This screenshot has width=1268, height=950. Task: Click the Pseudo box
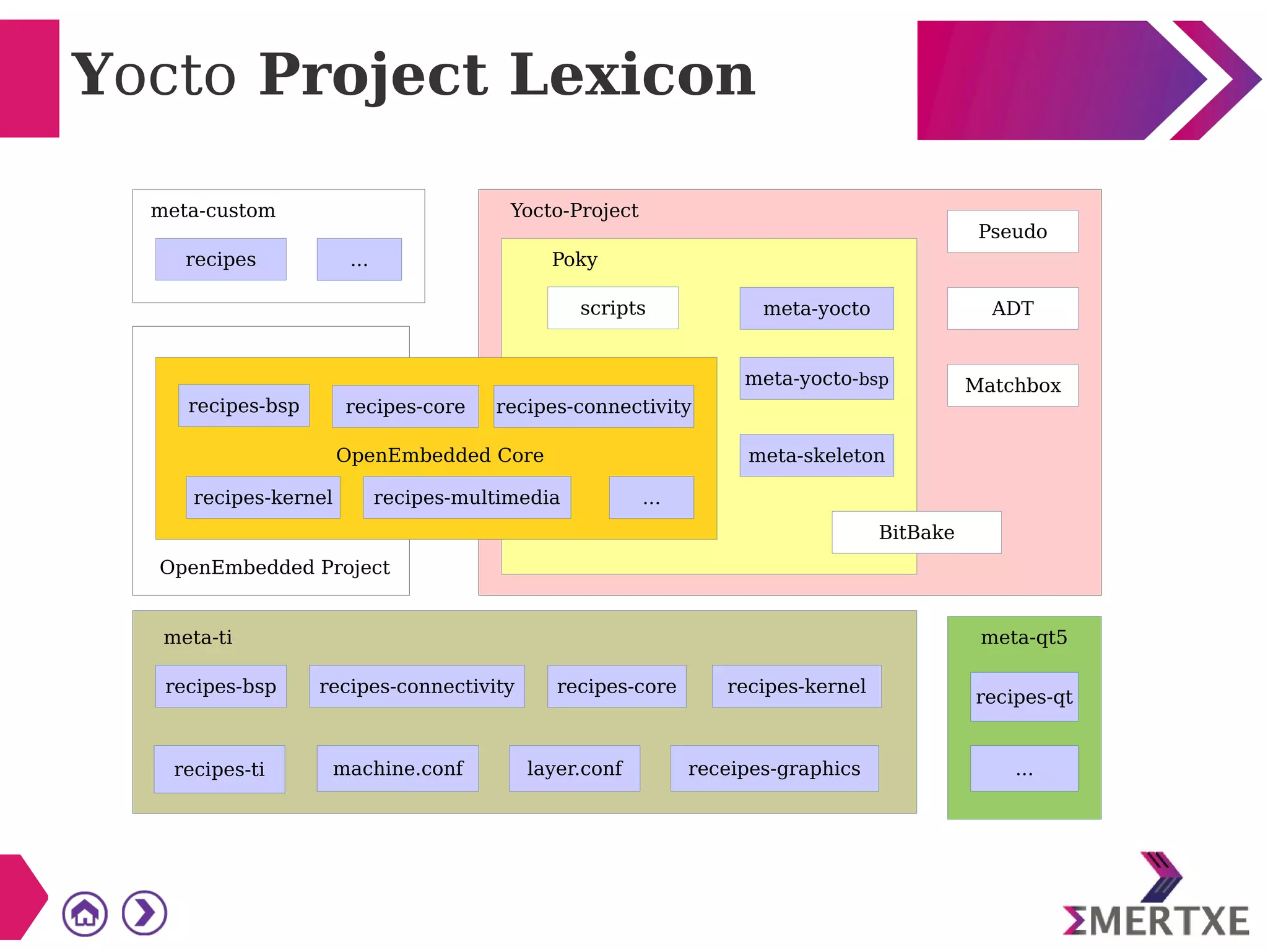(1012, 231)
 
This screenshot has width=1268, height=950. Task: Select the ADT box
(1012, 308)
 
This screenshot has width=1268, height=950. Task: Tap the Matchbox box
(1012, 385)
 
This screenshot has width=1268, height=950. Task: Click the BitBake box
(916, 532)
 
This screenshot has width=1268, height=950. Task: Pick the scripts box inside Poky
(613, 308)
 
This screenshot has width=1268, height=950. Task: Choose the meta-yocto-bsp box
(816, 378)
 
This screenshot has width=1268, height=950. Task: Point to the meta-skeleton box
(816, 456)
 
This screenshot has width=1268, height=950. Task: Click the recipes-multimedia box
(466, 498)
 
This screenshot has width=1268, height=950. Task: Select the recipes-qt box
(1024, 697)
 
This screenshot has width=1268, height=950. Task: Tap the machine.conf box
(397, 769)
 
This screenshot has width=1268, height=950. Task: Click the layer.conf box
(575, 769)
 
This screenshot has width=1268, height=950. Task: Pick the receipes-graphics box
(774, 769)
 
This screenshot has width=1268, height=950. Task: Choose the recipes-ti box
(219, 769)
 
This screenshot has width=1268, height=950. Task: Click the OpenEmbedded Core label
(440, 456)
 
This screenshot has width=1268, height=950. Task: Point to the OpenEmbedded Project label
(274, 568)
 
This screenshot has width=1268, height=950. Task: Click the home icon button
(85, 913)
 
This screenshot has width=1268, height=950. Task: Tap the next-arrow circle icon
(144, 913)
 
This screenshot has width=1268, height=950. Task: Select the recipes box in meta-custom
(220, 259)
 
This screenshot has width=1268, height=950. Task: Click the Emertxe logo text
(1156, 921)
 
